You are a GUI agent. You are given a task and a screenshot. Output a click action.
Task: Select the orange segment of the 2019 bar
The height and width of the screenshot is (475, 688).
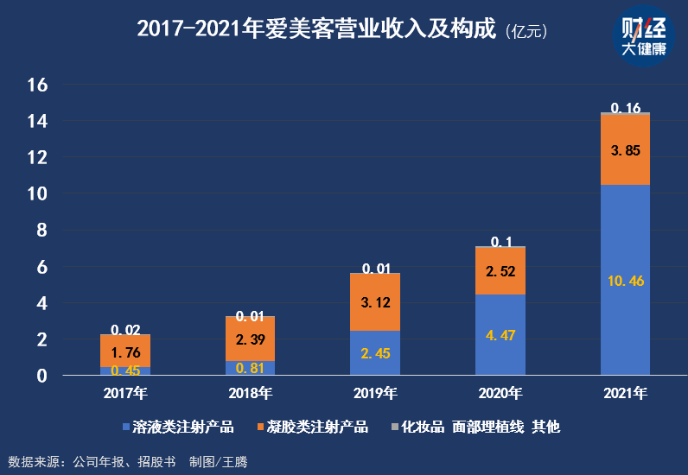pos(375,302)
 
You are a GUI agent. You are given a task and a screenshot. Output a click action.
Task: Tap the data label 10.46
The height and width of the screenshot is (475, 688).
pos(626,281)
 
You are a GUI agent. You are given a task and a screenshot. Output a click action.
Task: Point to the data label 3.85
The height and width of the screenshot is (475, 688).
pos(625,149)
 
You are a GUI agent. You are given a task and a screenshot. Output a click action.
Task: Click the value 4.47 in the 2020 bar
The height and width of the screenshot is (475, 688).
pos(500,335)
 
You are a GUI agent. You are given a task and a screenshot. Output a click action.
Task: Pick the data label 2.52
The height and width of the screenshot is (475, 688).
pos(500,271)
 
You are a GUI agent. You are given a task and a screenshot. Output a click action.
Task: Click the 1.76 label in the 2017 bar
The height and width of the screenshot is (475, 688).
pos(125,351)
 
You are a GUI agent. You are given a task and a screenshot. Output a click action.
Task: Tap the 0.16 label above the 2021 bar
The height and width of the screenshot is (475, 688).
pos(625,108)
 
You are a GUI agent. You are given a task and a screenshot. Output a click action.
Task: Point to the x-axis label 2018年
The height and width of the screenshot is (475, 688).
pos(251,394)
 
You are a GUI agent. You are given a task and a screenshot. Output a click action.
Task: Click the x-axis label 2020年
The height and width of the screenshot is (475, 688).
pos(500,394)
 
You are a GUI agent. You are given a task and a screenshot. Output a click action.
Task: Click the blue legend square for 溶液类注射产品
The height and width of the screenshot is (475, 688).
pos(126,427)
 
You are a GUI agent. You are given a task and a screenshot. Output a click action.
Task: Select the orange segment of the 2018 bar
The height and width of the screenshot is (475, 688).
pos(251,339)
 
